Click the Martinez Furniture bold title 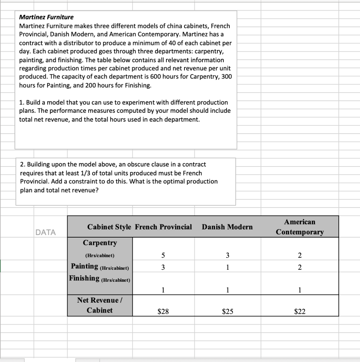[x=46, y=17]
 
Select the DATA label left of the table [x=46, y=232]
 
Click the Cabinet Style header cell [x=109, y=227]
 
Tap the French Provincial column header [x=164, y=227]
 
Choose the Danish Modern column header [x=227, y=227]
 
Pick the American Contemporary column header [x=299, y=227]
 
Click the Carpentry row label [x=100, y=243]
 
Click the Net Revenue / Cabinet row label [x=100, y=305]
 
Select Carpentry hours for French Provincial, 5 [x=163, y=255]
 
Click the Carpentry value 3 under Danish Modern [x=228, y=255]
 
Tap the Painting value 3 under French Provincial [x=163, y=268]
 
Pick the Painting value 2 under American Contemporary [x=299, y=268]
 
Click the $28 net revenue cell [x=163, y=311]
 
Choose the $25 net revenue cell [x=228, y=311]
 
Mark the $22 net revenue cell [x=299, y=311]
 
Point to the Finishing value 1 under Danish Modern [x=228, y=290]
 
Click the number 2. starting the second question [x=22, y=164]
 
